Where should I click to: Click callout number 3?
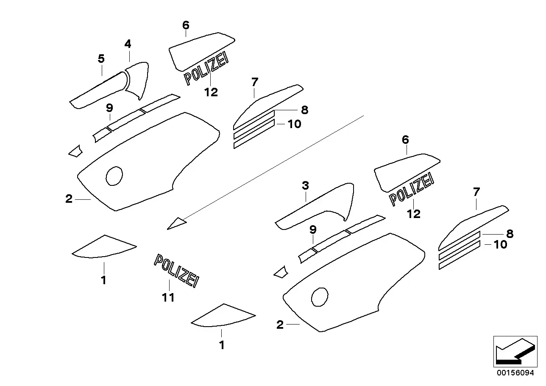pyautogui.click(x=305, y=185)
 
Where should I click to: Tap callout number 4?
pyautogui.click(x=128, y=44)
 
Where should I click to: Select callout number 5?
pyautogui.click(x=101, y=59)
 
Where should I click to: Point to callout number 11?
pyautogui.click(x=168, y=298)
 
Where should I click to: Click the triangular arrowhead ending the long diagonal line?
pyautogui.click(x=177, y=223)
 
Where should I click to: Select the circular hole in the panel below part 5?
pyautogui.click(x=114, y=176)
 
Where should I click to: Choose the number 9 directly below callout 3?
pyautogui.click(x=313, y=230)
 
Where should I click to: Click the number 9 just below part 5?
pyautogui.click(x=109, y=108)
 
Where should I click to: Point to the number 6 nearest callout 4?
pyautogui.click(x=186, y=25)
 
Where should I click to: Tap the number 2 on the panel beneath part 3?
pyautogui.click(x=280, y=325)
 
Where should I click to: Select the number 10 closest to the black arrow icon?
pyautogui.click(x=500, y=244)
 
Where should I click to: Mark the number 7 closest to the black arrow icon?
pyautogui.click(x=476, y=192)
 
